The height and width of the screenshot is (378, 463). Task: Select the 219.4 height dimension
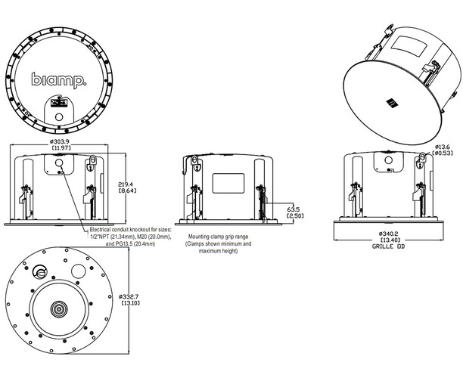click(x=126, y=184)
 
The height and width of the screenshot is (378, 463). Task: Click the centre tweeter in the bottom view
click(x=57, y=309)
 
